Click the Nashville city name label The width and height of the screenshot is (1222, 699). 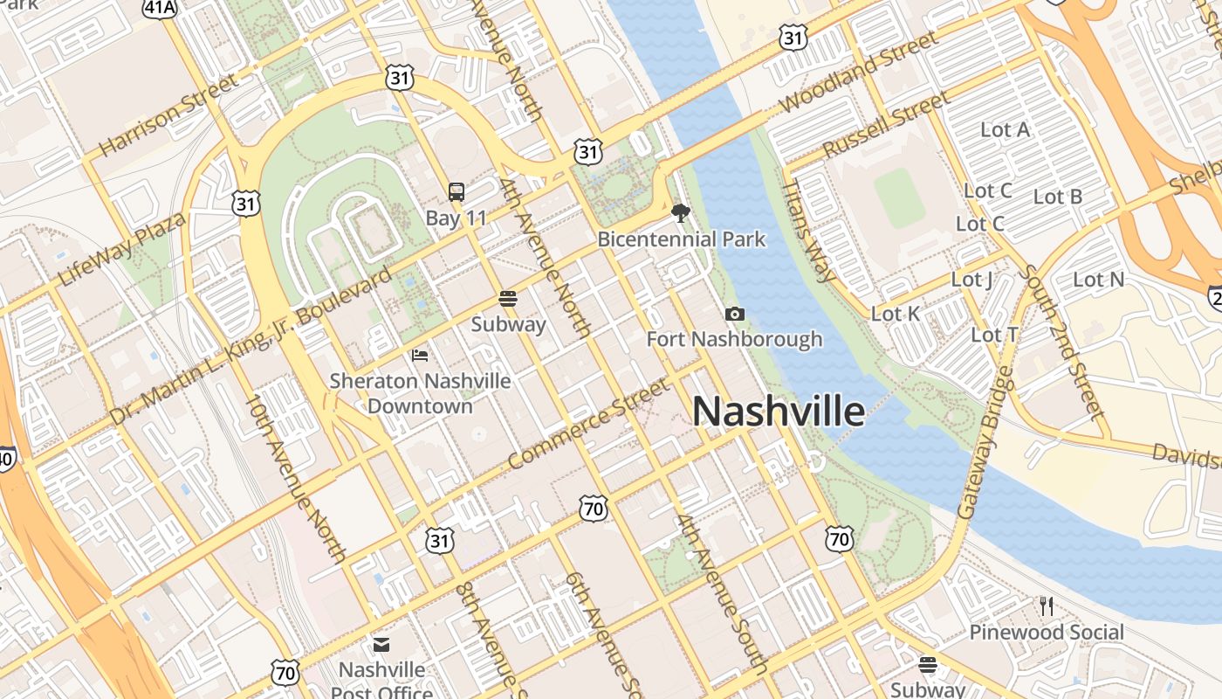pyautogui.click(x=779, y=412)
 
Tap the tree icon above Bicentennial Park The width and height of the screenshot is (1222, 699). pyautogui.click(x=681, y=212)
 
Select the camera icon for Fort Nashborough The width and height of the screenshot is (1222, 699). pyautogui.click(x=735, y=314)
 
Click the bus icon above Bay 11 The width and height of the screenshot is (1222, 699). pyautogui.click(x=456, y=191)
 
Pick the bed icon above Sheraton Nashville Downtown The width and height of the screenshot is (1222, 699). pyautogui.click(x=420, y=355)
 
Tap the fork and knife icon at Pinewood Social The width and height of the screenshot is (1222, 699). pyautogui.click(x=1047, y=605)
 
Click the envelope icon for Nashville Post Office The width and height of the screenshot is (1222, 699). pyautogui.click(x=381, y=645)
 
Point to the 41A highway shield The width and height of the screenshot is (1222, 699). pyautogui.click(x=160, y=8)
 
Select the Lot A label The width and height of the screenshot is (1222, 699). pyautogui.click(x=1005, y=129)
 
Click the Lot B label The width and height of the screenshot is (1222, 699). pyautogui.click(x=1058, y=197)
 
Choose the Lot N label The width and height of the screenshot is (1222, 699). pyautogui.click(x=1098, y=280)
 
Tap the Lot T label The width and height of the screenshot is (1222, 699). pyautogui.click(x=994, y=335)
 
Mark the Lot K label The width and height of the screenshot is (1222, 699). pyautogui.click(x=896, y=313)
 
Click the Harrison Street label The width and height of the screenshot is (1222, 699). pyautogui.click(x=168, y=115)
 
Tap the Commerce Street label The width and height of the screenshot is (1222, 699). pyautogui.click(x=589, y=422)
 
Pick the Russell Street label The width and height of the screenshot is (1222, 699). pyautogui.click(x=885, y=125)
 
